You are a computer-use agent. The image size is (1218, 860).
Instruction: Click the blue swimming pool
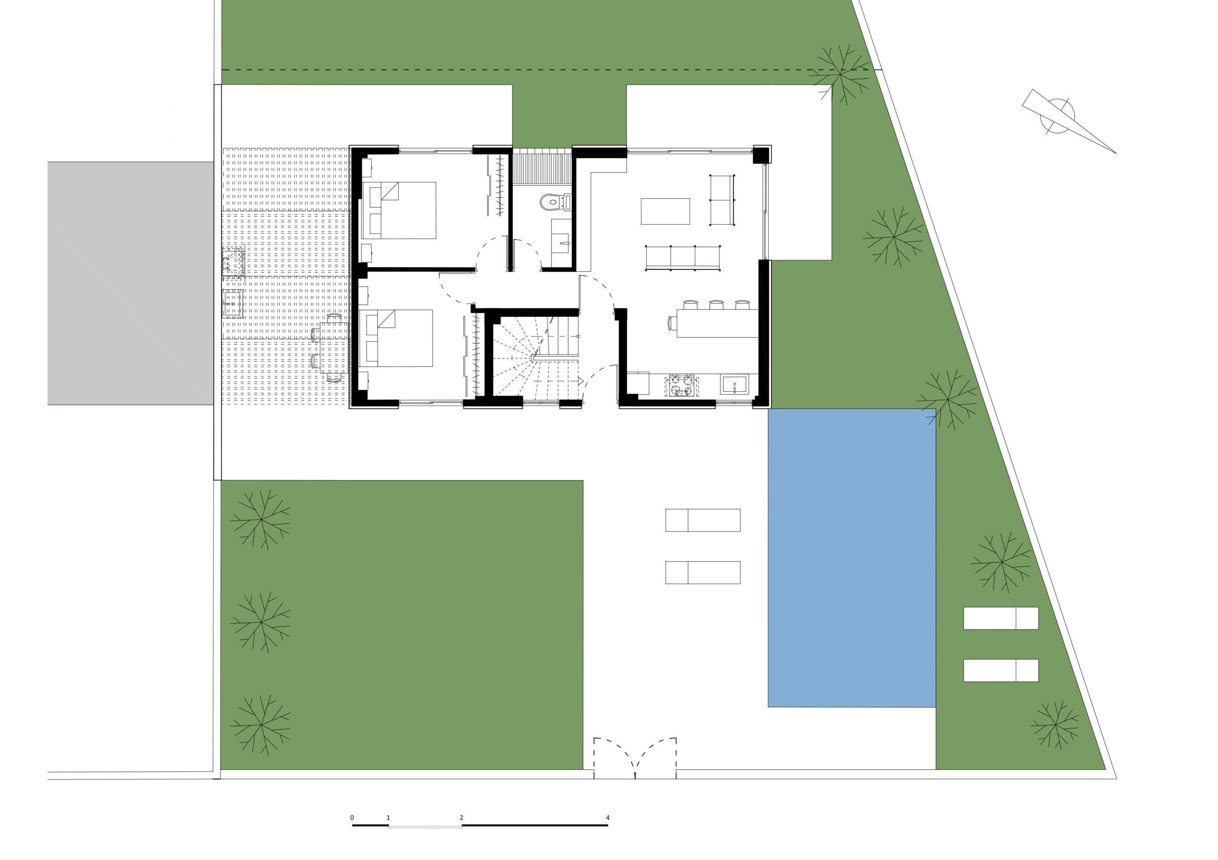[852, 558]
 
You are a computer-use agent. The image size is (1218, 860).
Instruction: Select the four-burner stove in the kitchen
[682, 386]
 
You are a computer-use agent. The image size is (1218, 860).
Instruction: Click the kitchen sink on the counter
[734, 385]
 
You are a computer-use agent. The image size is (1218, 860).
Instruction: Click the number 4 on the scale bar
[608, 818]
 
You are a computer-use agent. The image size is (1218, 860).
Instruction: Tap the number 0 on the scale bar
[352, 818]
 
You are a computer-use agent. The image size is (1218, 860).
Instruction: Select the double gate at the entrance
[635, 758]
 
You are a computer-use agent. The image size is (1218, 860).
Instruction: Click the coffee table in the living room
[665, 211]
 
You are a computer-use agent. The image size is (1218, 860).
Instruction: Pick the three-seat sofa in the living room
[683, 258]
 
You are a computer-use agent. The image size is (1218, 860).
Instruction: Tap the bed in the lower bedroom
[396, 338]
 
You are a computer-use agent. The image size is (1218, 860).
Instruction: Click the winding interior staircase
[535, 356]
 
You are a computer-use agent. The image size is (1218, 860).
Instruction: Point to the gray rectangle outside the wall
[130, 284]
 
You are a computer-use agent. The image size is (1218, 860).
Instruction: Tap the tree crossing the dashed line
[840, 74]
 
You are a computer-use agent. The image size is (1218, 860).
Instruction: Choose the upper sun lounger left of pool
[703, 520]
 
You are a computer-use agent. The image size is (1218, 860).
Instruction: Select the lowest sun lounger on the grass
[1001, 671]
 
